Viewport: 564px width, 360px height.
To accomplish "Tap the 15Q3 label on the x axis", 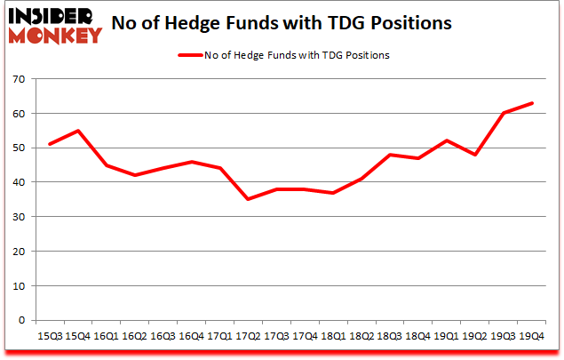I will (x=50, y=337).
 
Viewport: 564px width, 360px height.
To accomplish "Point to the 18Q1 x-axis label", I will (x=334, y=337).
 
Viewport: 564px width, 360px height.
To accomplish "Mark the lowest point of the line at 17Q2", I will (x=249, y=199).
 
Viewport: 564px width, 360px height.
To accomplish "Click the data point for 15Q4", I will (x=78, y=131).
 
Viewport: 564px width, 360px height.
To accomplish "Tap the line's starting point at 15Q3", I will (x=50, y=144).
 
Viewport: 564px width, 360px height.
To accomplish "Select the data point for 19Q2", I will (x=476, y=155).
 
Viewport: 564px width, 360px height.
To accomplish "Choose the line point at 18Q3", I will (x=391, y=155).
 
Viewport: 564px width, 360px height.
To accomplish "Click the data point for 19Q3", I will (x=504, y=113).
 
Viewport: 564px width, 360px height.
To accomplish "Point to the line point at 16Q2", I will (x=135, y=175).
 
